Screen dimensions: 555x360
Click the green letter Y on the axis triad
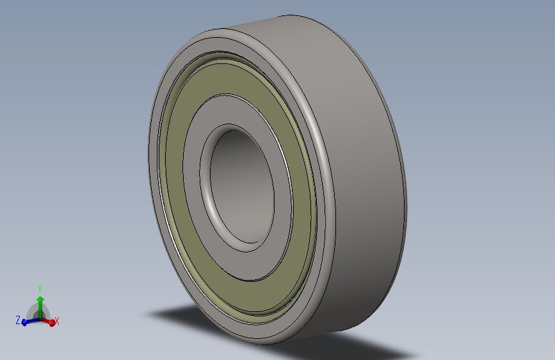click(40, 288)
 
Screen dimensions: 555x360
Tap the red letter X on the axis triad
click(56, 321)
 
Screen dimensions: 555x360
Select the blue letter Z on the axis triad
click(18, 320)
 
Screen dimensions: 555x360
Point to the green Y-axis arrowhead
click(40, 300)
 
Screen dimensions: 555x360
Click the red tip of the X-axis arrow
click(52, 322)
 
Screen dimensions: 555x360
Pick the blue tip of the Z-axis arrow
click(24, 322)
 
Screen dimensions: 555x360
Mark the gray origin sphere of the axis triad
click(39, 315)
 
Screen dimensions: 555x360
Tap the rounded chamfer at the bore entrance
click(205, 184)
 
